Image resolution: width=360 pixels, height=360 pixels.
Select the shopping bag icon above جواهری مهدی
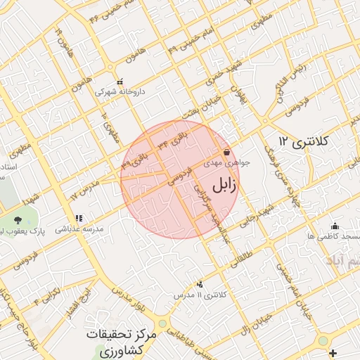pos(226,153)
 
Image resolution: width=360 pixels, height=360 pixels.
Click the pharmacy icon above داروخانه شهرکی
pos(120,82)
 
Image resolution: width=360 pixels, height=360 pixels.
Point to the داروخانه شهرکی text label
pos(115,91)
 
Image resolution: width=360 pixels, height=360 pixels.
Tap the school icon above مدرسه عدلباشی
pos(79,219)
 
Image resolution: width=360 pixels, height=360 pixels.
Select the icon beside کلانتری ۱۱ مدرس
pos(200,284)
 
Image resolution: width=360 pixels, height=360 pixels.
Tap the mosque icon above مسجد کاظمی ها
pos(335,226)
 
